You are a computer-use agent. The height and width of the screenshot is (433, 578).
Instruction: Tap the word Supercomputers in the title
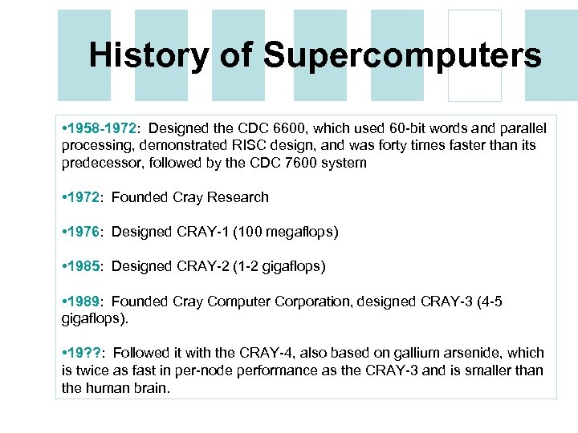(402, 55)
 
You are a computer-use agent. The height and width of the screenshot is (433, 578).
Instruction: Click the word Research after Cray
(238, 197)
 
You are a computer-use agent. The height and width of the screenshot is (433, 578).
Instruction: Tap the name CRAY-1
(201, 232)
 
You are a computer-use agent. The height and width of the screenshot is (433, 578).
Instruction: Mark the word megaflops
(301, 232)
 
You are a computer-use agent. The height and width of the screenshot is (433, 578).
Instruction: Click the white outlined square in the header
(474, 55)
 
